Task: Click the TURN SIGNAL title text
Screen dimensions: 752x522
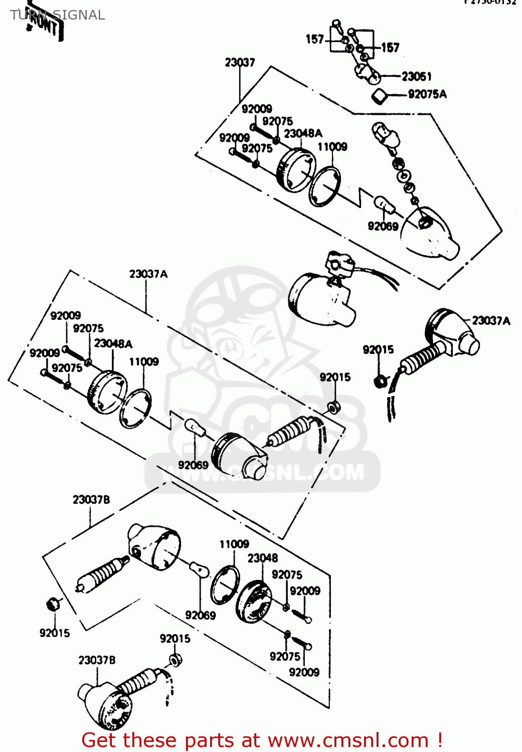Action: point(57,15)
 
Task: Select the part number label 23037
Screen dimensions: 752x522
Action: point(240,62)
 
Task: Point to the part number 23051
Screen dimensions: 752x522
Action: point(416,76)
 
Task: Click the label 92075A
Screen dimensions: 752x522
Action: point(427,94)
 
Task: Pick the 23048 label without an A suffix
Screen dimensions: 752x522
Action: point(262,558)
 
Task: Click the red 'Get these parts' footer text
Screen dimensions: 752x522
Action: point(262,740)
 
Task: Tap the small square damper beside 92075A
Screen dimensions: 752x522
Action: point(381,95)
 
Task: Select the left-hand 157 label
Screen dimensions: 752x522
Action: point(315,39)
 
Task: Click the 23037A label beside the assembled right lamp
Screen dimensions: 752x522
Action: point(491,320)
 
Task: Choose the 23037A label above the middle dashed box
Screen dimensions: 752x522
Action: point(148,274)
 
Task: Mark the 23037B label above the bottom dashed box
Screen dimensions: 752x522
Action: point(91,500)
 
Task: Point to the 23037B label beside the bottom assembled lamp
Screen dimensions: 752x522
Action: point(97,660)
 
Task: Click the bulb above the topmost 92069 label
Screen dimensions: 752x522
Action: point(384,205)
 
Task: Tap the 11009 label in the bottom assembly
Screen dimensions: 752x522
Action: point(234,544)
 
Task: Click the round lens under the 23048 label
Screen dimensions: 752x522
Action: point(253,602)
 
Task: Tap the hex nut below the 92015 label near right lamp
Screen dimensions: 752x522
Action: point(380,382)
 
